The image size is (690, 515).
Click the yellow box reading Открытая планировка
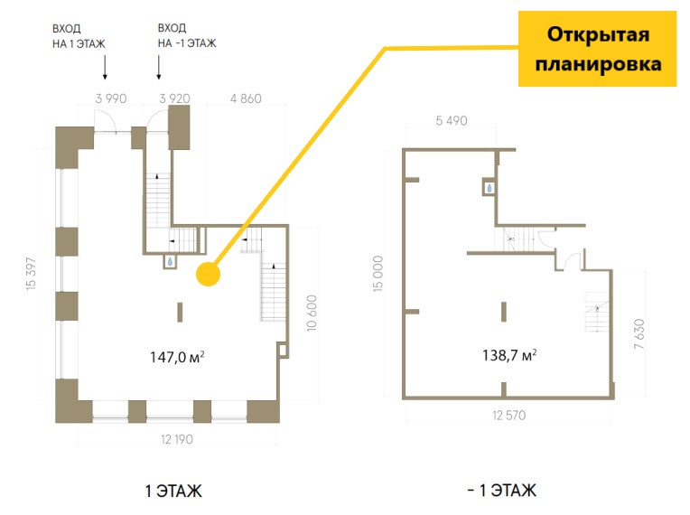click(x=597, y=49)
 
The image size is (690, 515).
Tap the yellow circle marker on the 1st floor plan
click(x=208, y=275)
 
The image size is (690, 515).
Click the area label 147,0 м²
click(x=177, y=357)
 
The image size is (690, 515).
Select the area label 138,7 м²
click(x=509, y=355)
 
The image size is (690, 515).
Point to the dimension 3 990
click(x=111, y=98)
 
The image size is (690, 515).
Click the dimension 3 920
click(x=174, y=98)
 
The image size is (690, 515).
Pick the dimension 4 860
click(x=246, y=98)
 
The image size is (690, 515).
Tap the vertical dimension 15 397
click(x=32, y=273)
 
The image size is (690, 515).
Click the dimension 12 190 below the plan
click(x=177, y=439)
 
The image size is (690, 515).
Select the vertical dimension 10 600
click(x=312, y=313)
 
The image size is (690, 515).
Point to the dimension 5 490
click(x=452, y=120)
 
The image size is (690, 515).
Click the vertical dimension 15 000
click(x=378, y=274)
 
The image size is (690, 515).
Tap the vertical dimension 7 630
click(x=639, y=334)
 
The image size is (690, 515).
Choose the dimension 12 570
click(x=509, y=415)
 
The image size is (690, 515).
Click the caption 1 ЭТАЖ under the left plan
click(x=173, y=491)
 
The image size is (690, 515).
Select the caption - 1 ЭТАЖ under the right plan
click(x=502, y=490)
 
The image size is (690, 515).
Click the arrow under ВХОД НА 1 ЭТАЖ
click(x=105, y=68)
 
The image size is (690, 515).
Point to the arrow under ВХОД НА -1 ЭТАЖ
click(x=159, y=68)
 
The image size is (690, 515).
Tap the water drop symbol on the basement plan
click(x=490, y=189)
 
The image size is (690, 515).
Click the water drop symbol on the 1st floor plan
click(x=170, y=261)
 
